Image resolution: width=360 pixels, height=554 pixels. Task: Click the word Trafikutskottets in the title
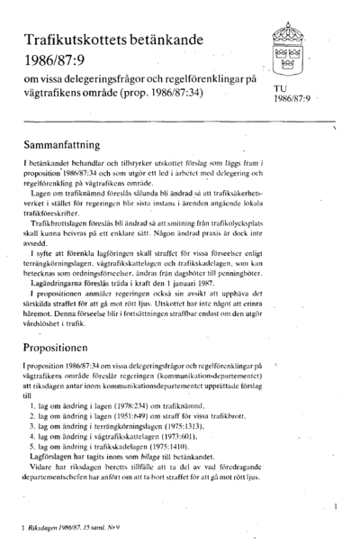(x=76, y=36)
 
